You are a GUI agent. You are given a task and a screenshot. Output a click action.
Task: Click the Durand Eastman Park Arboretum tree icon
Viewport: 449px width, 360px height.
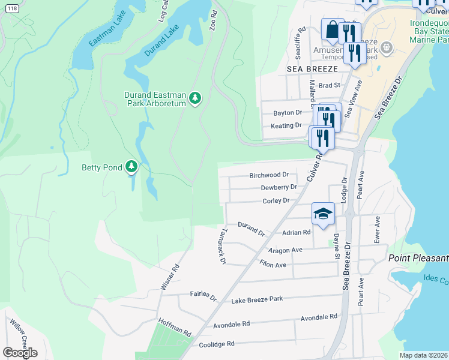(x=194, y=98)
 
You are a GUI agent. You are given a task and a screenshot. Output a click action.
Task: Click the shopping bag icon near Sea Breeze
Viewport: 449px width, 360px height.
(x=332, y=31)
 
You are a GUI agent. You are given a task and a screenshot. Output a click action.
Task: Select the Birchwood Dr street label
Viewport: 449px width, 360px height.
(x=269, y=175)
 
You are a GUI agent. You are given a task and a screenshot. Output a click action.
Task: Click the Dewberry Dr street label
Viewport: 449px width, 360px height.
(x=279, y=187)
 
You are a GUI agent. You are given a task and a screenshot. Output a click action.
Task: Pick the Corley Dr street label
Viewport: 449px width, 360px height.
(x=276, y=200)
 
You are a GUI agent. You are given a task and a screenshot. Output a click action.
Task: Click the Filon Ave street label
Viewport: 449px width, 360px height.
(x=273, y=264)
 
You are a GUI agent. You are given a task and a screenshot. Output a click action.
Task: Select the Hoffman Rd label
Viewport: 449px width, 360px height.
(x=175, y=328)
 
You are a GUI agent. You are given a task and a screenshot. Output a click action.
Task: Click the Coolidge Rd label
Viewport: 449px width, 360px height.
(x=214, y=344)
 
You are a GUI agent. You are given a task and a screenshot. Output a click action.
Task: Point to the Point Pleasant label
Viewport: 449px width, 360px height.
(x=418, y=258)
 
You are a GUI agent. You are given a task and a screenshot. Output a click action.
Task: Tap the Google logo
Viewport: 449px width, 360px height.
(x=20, y=352)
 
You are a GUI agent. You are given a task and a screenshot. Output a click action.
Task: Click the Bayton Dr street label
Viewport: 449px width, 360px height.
(x=288, y=113)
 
